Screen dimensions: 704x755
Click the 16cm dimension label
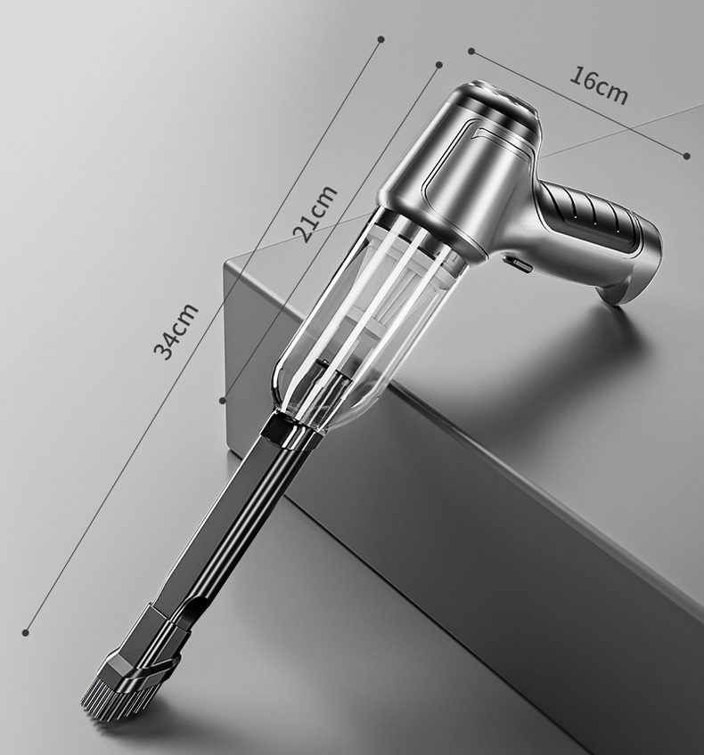coord(599,85)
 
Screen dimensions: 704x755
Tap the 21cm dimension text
coord(315,214)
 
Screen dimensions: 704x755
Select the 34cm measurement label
coord(176,332)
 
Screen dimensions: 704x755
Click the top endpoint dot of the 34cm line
coord(381,39)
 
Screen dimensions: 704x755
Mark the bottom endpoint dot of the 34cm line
coord(26,632)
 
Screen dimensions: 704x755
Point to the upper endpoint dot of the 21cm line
coord(439,64)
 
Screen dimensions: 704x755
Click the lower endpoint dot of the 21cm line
coord(223,400)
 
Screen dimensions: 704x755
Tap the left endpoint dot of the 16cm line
coord(471,51)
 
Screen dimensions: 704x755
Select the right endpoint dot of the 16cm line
coord(687,156)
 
